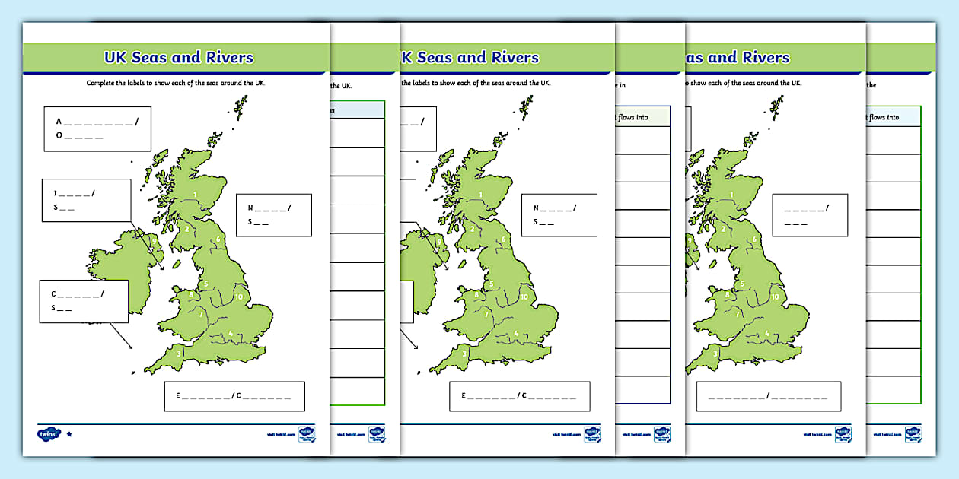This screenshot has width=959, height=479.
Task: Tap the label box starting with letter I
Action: pos(85,201)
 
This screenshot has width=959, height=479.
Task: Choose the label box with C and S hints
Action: pos(84,300)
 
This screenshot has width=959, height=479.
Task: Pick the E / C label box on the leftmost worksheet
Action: pos(234,396)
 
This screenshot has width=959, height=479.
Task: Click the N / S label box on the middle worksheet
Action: pos(559,214)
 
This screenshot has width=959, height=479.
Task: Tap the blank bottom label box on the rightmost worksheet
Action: pos(769,396)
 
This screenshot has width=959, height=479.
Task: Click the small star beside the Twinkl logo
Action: pos(70,435)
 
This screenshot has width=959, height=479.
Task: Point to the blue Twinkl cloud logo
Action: pos(48,434)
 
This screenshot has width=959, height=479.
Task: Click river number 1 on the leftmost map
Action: pos(196,195)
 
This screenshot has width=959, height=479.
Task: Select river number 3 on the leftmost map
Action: pos(180,353)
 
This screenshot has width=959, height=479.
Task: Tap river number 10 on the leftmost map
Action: pos(239,296)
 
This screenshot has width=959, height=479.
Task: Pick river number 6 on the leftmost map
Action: pos(218,239)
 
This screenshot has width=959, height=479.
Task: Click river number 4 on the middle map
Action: pos(516,332)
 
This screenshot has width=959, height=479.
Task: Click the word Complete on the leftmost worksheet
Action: pos(102,83)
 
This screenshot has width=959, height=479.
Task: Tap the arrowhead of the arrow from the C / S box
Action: pos(132,349)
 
